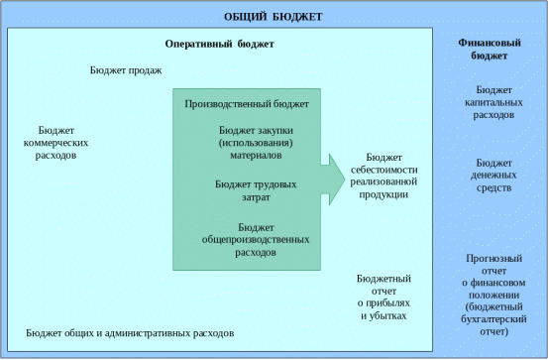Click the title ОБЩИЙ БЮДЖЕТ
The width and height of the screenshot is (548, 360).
pyautogui.click(x=273, y=17)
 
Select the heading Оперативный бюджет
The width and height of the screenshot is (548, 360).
pyautogui.click(x=219, y=44)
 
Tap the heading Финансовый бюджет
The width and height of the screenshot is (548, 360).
pyautogui.click(x=490, y=49)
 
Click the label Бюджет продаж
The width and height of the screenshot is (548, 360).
pyautogui.click(x=126, y=70)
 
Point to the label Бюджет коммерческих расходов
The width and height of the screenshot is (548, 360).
pyautogui.click(x=55, y=143)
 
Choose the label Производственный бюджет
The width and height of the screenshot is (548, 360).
pyautogui.click(x=247, y=104)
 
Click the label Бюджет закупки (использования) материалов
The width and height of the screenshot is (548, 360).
pyautogui.click(x=256, y=143)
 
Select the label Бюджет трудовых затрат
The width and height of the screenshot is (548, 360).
pyautogui.click(x=256, y=190)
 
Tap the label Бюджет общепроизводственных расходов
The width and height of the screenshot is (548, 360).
pyautogui.click(x=256, y=240)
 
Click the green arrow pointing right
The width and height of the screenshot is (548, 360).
pyautogui.click(x=333, y=180)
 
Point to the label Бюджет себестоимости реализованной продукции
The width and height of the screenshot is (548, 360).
pyautogui.click(x=384, y=176)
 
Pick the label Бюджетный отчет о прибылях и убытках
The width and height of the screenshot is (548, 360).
pyautogui.click(x=384, y=298)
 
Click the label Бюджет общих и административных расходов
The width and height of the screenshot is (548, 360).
pyautogui.click(x=130, y=333)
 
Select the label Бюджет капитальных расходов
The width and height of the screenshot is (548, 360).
pyautogui.click(x=493, y=102)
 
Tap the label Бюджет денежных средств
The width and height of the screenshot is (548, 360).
pyautogui.click(x=493, y=176)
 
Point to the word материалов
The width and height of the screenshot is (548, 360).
pyautogui.click(x=256, y=156)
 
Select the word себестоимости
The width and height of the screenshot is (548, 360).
pyautogui.click(x=384, y=170)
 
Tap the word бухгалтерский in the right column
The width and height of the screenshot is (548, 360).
pyautogui.click(x=493, y=319)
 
